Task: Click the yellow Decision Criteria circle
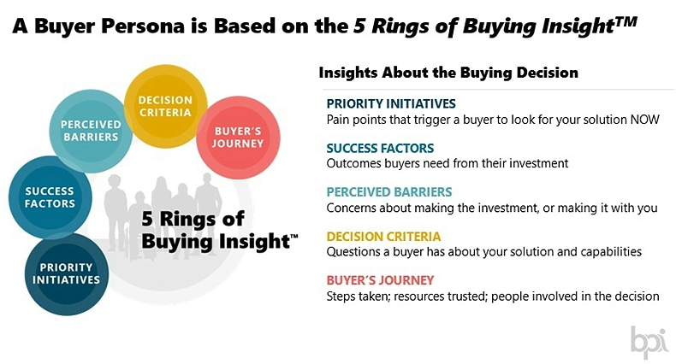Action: (165, 106)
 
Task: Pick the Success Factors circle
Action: (50, 197)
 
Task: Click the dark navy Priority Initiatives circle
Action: (67, 273)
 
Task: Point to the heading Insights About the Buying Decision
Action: (448, 73)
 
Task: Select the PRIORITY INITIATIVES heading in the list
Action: (391, 104)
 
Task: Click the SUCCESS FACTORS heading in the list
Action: (381, 148)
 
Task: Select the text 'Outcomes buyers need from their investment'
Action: (447, 163)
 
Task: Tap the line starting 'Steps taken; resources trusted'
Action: (493, 296)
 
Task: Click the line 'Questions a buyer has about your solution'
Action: (483, 252)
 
